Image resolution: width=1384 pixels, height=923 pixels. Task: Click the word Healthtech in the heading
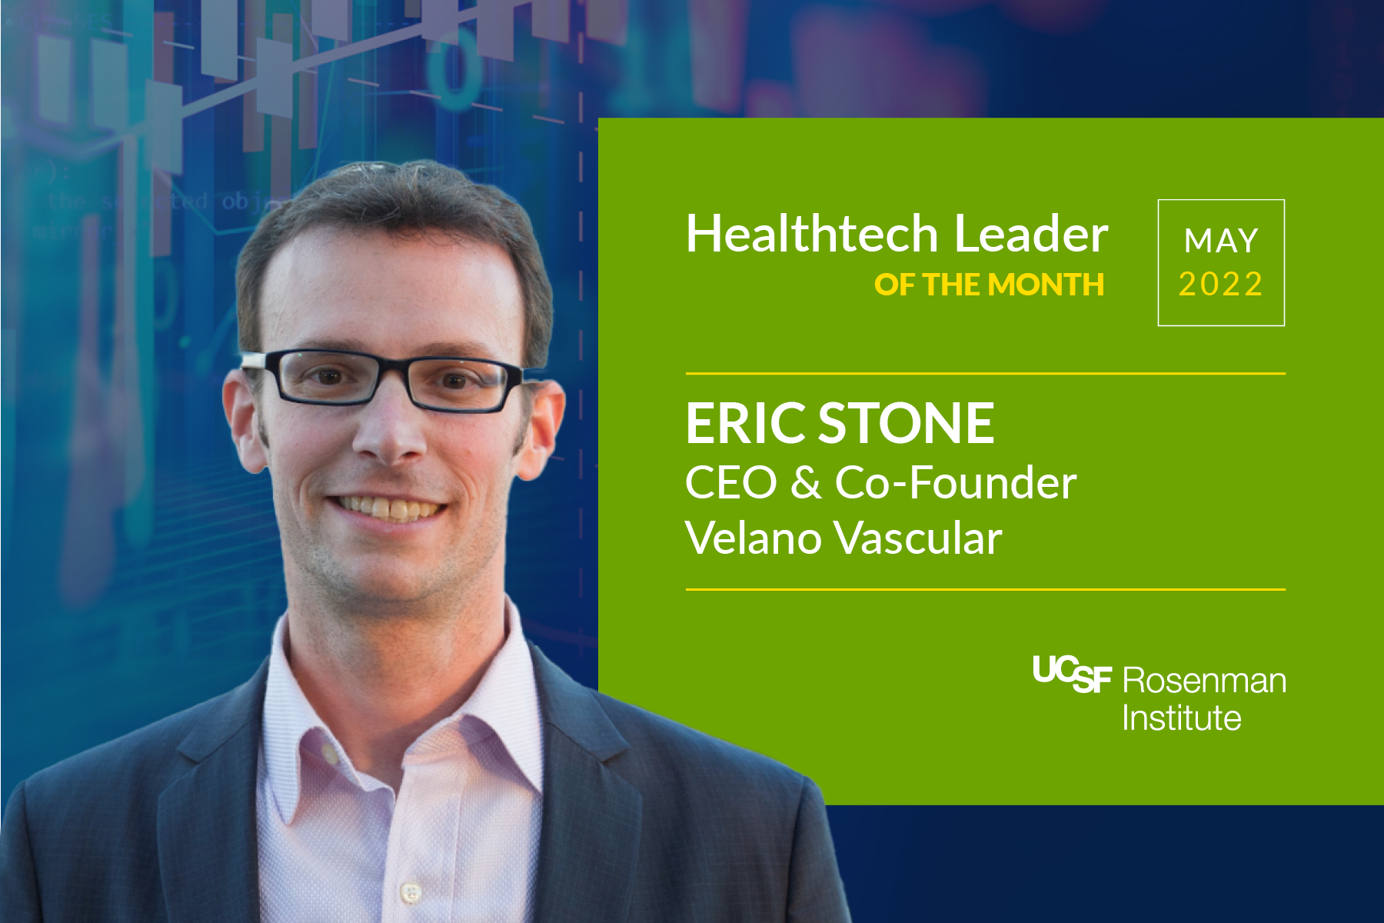point(811,234)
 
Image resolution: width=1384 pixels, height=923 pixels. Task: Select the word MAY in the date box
point(1221,242)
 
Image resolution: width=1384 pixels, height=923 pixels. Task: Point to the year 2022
point(1221,285)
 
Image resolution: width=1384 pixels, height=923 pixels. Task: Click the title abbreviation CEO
point(730,483)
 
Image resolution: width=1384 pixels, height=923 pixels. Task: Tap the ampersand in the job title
point(805,483)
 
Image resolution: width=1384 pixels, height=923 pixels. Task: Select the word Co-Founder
point(956,483)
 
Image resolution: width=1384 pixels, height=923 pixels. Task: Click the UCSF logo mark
point(1071,674)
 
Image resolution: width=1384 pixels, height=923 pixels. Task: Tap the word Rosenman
point(1204,681)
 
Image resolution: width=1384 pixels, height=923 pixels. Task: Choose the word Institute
point(1181,718)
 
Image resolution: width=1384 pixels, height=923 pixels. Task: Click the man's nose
point(391,438)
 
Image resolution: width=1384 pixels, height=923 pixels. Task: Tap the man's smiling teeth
point(391,508)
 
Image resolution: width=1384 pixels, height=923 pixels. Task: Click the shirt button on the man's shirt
point(411,892)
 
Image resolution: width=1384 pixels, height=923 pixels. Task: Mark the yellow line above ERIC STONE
point(985,374)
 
